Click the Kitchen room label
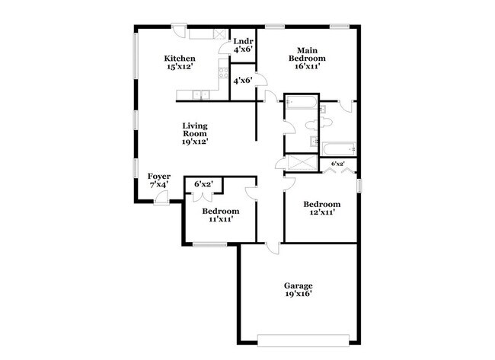click(x=180, y=59)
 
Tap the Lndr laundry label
click(x=243, y=41)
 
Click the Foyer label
click(x=158, y=176)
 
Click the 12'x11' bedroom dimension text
click(x=321, y=212)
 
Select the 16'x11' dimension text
click(x=305, y=66)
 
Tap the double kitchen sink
click(x=200, y=95)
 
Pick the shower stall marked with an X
click(x=301, y=162)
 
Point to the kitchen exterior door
click(x=177, y=30)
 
